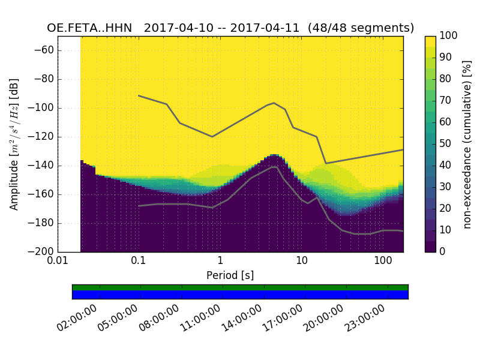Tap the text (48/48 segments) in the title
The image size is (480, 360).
361,28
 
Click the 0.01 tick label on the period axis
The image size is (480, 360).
58,262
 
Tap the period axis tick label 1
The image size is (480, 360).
220,262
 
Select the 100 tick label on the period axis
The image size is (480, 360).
383,262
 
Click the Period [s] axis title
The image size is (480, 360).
230,275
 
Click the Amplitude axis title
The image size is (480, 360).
14,144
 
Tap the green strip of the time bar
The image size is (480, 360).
240,287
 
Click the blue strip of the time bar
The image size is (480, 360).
240,295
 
